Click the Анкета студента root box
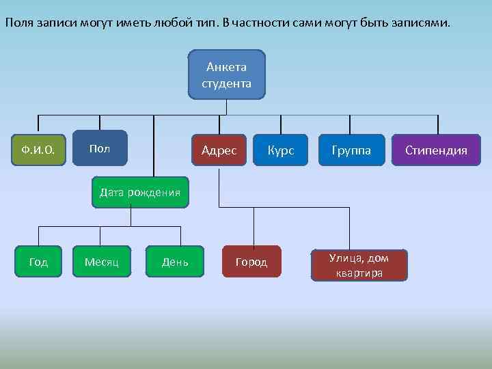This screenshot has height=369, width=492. (x=226, y=75)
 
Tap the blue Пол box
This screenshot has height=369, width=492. (x=100, y=148)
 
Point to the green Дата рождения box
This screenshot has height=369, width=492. (x=140, y=192)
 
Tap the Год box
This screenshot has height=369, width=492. (x=38, y=262)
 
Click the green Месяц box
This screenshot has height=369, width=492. (x=102, y=262)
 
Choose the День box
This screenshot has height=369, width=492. (x=175, y=262)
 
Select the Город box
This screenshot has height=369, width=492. (x=251, y=262)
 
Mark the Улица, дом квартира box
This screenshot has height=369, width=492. (x=359, y=265)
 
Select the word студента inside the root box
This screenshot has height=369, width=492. (x=226, y=84)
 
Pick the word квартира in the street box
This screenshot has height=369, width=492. (x=359, y=273)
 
